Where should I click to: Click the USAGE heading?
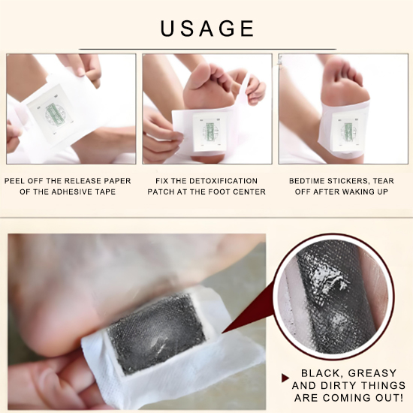click(206, 29)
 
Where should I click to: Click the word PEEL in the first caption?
click(17, 181)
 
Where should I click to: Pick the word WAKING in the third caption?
click(360, 192)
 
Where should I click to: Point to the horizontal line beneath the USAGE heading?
click(206, 49)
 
